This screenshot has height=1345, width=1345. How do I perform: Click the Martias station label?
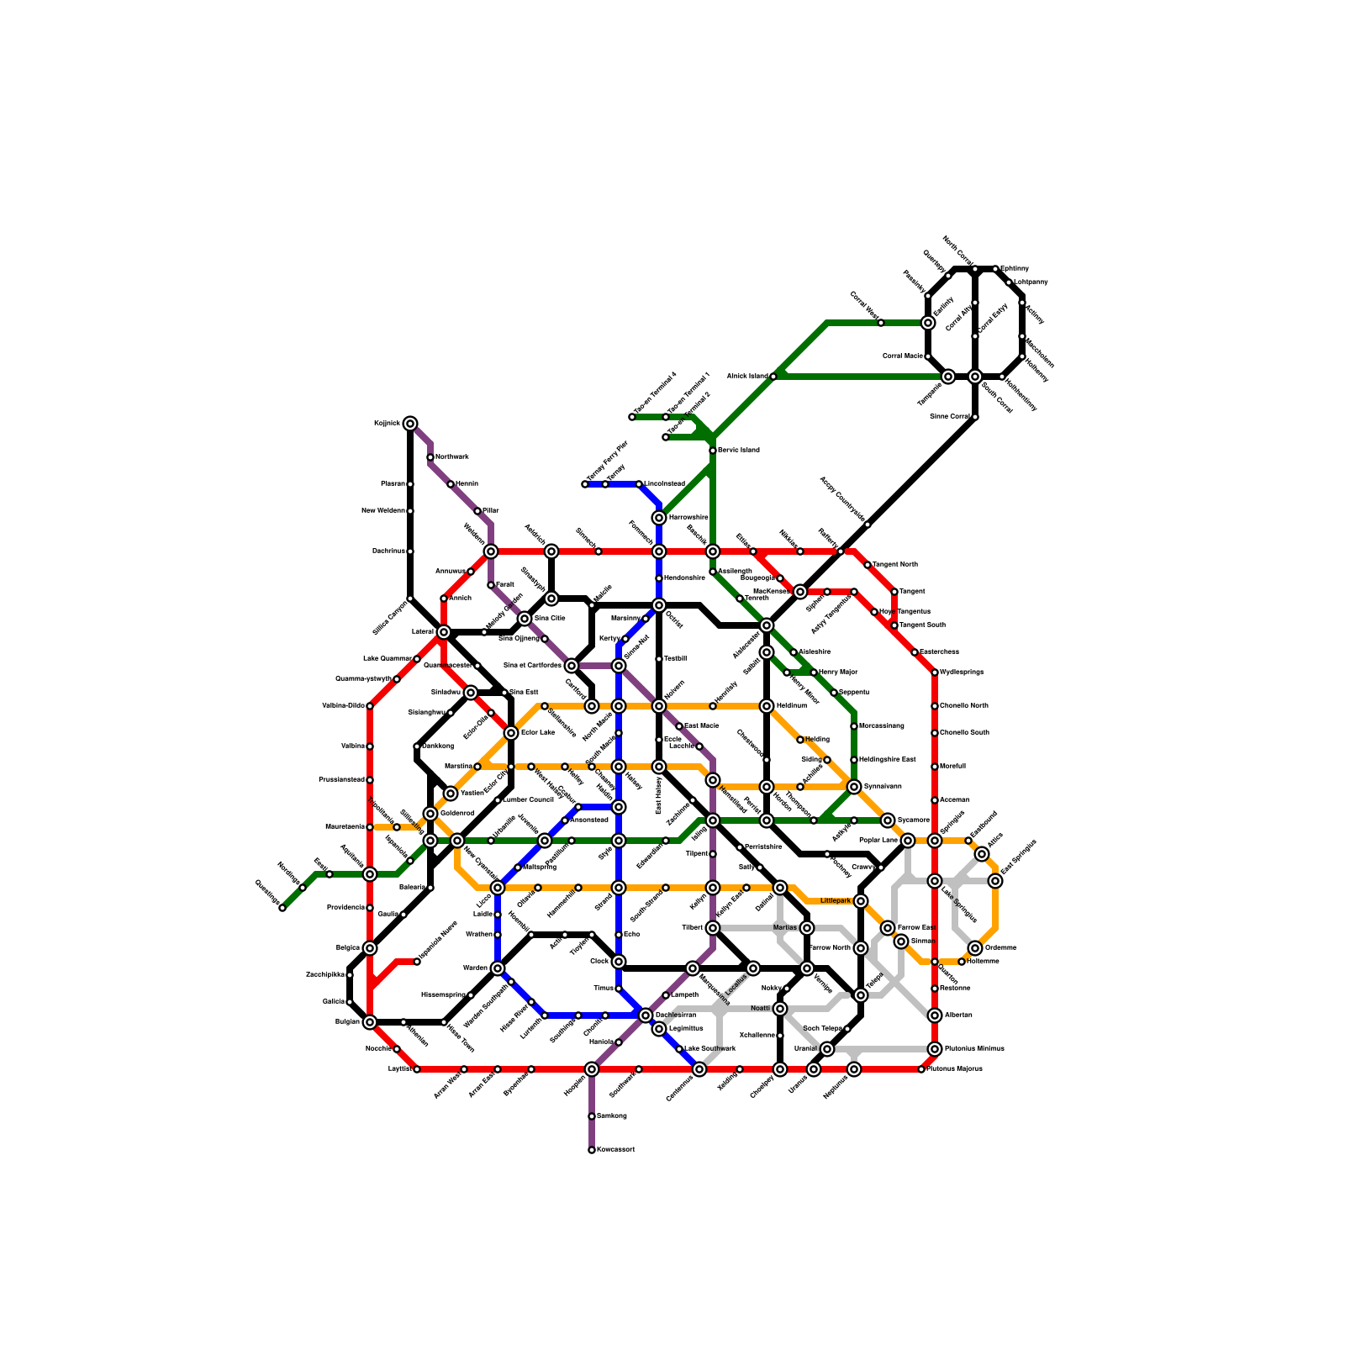[784, 928]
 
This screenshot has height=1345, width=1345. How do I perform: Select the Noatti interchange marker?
[780, 1009]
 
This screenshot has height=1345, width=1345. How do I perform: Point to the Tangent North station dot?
[868, 565]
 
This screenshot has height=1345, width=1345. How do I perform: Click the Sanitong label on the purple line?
[611, 1116]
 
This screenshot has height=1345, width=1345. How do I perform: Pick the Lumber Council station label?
[528, 800]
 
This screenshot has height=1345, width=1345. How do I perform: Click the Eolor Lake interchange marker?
[511, 733]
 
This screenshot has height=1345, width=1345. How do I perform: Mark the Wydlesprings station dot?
[935, 672]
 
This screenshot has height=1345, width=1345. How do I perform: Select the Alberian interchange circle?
[935, 1015]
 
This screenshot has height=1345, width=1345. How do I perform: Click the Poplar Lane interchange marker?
[908, 841]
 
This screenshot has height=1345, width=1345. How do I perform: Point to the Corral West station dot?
[881, 323]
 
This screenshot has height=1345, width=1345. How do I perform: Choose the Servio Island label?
[738, 451]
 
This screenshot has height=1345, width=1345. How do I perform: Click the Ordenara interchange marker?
[975, 948]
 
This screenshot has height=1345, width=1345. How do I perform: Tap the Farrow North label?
[830, 948]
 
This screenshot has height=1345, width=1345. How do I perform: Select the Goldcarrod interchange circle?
[430, 814]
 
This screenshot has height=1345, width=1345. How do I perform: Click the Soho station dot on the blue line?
[619, 935]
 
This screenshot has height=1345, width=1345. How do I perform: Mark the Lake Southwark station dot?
[679, 1049]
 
